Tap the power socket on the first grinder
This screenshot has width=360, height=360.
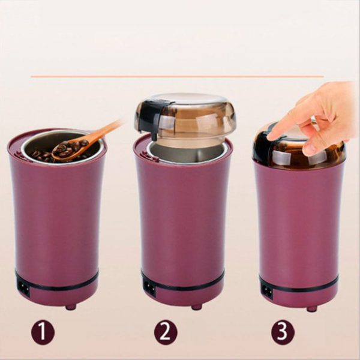23,287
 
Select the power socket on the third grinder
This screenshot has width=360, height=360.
267,291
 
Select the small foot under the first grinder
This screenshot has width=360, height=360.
71,307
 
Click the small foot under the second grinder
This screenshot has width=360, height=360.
196,307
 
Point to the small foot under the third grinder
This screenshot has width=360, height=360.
311,308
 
